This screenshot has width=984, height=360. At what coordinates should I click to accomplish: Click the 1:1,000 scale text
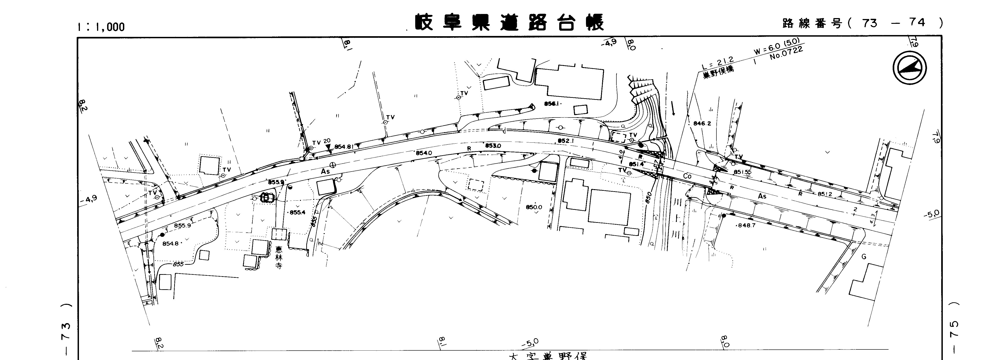(101, 27)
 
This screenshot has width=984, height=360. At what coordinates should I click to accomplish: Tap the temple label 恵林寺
(279, 258)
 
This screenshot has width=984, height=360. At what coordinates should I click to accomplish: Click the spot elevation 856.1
(552, 104)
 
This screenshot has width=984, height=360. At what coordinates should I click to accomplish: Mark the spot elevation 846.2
(702, 123)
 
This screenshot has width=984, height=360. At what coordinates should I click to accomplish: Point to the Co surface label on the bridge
(687, 177)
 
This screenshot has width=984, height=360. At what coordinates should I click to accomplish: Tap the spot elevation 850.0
(534, 207)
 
